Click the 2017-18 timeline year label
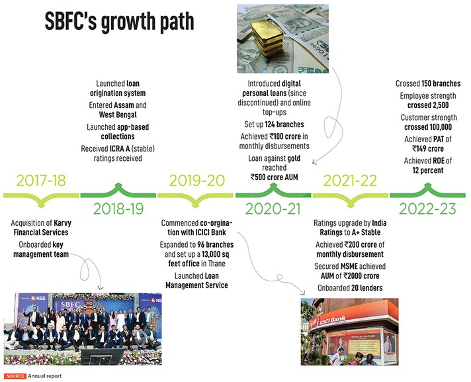point(41,180)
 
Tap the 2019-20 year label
point(196,180)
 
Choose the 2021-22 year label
point(351,180)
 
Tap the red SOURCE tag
point(15,376)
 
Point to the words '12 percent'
point(427,171)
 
